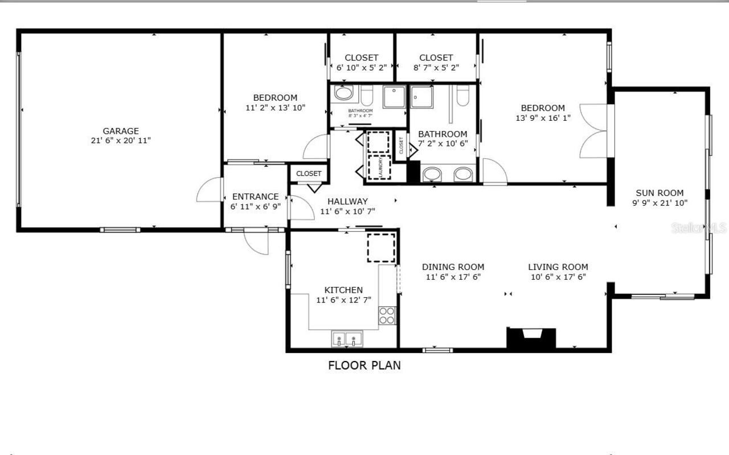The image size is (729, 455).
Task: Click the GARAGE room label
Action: tap(120, 131)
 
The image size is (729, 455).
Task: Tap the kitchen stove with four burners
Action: tap(387, 315)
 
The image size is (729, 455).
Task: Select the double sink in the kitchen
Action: tap(347, 339)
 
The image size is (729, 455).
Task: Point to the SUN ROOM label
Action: tap(660, 193)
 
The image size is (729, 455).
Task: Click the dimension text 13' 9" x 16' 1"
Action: tap(543, 118)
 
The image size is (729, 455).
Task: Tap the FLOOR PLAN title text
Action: tap(364, 366)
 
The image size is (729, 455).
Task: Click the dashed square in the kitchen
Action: tap(381, 247)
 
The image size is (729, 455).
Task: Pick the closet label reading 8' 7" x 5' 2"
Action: tap(436, 67)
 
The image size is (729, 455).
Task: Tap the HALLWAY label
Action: tap(347, 201)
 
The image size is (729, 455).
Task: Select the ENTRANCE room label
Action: tap(255, 197)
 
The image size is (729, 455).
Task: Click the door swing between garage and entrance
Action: tap(210, 191)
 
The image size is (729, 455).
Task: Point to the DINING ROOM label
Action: tap(453, 267)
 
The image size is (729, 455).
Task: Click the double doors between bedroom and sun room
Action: tap(594, 131)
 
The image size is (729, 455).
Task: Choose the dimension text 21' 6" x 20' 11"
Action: tap(120, 141)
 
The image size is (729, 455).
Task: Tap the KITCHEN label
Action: tap(343, 290)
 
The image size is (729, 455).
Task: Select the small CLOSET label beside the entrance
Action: tap(309, 174)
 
